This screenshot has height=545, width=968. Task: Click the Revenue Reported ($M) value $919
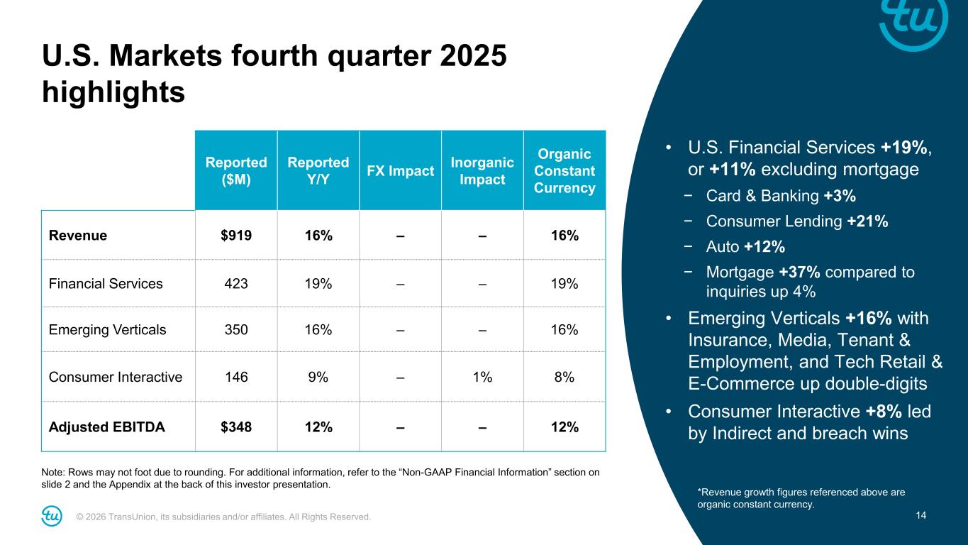[x=235, y=236]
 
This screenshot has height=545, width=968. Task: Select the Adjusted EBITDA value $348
[x=235, y=427]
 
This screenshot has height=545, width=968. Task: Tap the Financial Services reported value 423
[x=235, y=284]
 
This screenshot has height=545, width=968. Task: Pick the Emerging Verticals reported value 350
[x=235, y=330]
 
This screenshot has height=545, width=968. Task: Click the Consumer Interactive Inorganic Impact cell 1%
[x=482, y=377]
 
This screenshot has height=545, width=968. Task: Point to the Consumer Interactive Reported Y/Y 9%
[x=318, y=377]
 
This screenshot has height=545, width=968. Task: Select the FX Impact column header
[x=400, y=171]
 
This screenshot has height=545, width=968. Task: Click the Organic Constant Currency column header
[x=564, y=171]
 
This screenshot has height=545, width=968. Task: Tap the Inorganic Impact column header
[x=482, y=171]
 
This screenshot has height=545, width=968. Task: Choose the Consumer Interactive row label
[x=116, y=377]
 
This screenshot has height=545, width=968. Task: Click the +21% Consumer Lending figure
[x=867, y=221]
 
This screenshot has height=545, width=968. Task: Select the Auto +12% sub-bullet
[x=745, y=247]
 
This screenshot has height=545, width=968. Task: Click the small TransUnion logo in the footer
[x=52, y=516]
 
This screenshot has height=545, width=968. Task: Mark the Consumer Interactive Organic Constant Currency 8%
[x=564, y=377]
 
